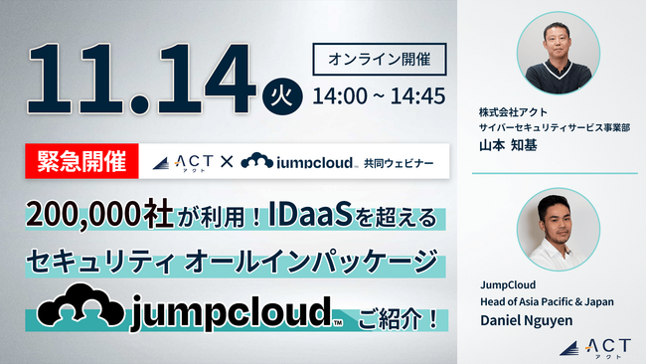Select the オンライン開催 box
tap(380, 60)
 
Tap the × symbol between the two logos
tap(227, 160)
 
